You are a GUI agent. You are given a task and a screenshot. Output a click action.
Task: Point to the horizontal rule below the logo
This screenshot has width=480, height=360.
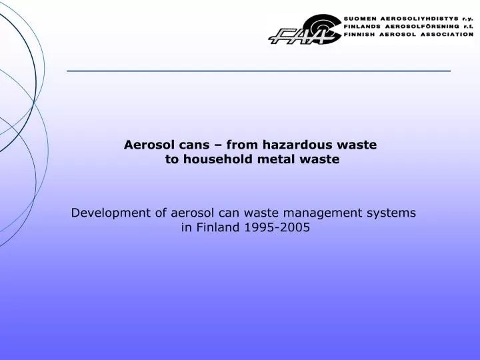click(259, 70)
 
